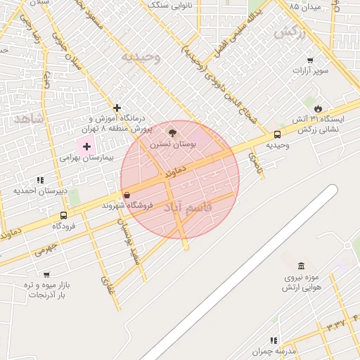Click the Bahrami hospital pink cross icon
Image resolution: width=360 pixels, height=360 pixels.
pyautogui.click(x=86, y=146)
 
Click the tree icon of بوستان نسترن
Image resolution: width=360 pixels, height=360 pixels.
pyautogui.click(x=172, y=132)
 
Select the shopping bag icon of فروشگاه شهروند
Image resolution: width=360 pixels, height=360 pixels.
pyautogui.click(x=127, y=195)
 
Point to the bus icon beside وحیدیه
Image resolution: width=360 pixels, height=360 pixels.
pyautogui.click(x=277, y=134)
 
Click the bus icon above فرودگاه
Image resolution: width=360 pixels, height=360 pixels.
pyautogui.click(x=64, y=216)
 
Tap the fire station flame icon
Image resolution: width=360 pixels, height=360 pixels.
pyautogui.click(x=319, y=108)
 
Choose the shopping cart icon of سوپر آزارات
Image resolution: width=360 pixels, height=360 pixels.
pyautogui.click(x=310, y=61)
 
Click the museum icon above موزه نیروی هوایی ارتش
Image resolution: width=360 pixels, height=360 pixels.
pyautogui.click(x=302, y=266)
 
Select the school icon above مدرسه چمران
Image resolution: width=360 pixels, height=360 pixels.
pyautogui.click(x=274, y=340)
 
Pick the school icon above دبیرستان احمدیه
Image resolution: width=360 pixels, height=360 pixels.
pyautogui.click(x=40, y=181)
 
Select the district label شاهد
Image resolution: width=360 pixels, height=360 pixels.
pyautogui.click(x=27, y=120)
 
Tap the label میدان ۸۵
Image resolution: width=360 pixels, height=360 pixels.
pyautogui.click(x=304, y=8)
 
